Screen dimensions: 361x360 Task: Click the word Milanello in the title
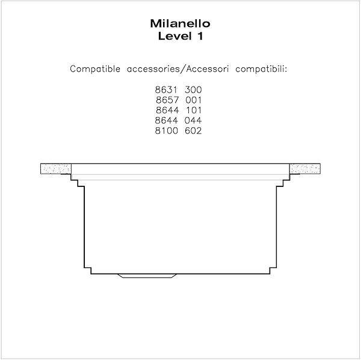(180, 23)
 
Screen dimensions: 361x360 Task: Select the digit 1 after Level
(200, 36)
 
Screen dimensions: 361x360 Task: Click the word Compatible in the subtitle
(95, 69)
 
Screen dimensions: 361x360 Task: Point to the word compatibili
(261, 69)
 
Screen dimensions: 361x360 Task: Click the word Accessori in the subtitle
(208, 69)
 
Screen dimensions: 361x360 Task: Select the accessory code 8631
(166, 90)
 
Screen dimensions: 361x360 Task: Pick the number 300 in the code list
(193, 90)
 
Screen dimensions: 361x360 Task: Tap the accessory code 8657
(167, 100)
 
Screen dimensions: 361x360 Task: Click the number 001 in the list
(193, 100)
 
